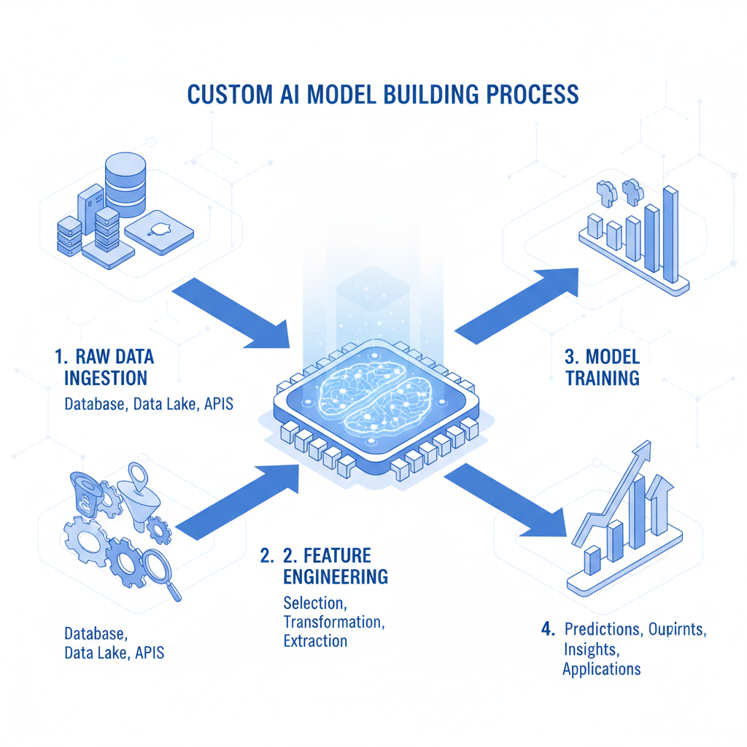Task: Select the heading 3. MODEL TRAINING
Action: coord(602,367)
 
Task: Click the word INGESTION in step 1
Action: coord(106,378)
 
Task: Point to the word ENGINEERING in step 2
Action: coord(335,576)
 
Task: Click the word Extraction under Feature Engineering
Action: coord(315,640)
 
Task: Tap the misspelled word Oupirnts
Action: coord(675,629)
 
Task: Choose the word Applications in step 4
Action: coord(601,669)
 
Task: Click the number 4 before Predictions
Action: coord(548,629)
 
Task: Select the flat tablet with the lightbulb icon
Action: coord(159,232)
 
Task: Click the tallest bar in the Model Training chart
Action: coord(670,232)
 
